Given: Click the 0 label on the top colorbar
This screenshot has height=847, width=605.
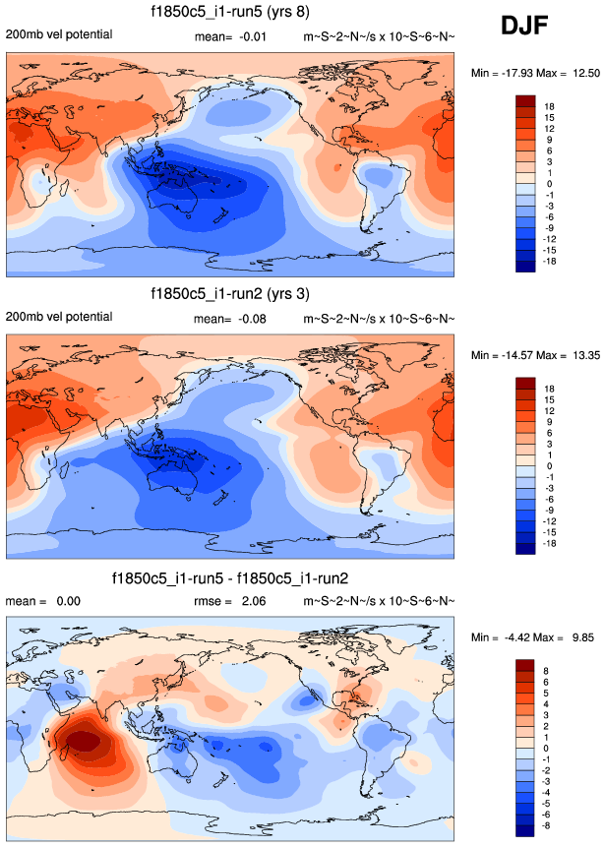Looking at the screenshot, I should (x=551, y=184).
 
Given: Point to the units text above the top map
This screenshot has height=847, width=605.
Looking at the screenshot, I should (x=379, y=36).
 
